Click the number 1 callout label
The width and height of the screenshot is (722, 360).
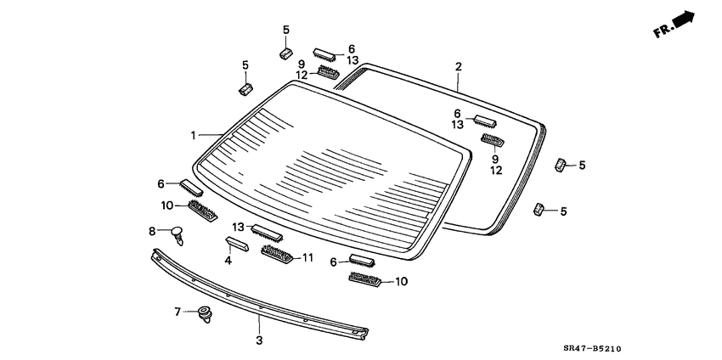point(193,135)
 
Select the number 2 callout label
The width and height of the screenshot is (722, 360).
point(459,66)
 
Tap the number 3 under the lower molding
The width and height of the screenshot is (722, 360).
point(260,340)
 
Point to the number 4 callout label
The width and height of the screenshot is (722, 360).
point(228,261)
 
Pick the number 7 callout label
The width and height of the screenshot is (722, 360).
point(178,312)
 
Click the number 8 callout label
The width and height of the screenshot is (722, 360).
point(153,231)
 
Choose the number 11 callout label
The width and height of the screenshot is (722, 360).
point(307,257)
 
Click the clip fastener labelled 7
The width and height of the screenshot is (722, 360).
point(204,314)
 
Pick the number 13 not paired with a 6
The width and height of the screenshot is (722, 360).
point(238,228)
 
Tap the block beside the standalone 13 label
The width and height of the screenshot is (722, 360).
point(266,232)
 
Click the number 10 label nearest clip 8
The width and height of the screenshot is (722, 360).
point(166,205)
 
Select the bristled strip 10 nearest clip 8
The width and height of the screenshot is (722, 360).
point(200,209)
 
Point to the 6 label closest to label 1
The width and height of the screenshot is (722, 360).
point(161,183)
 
